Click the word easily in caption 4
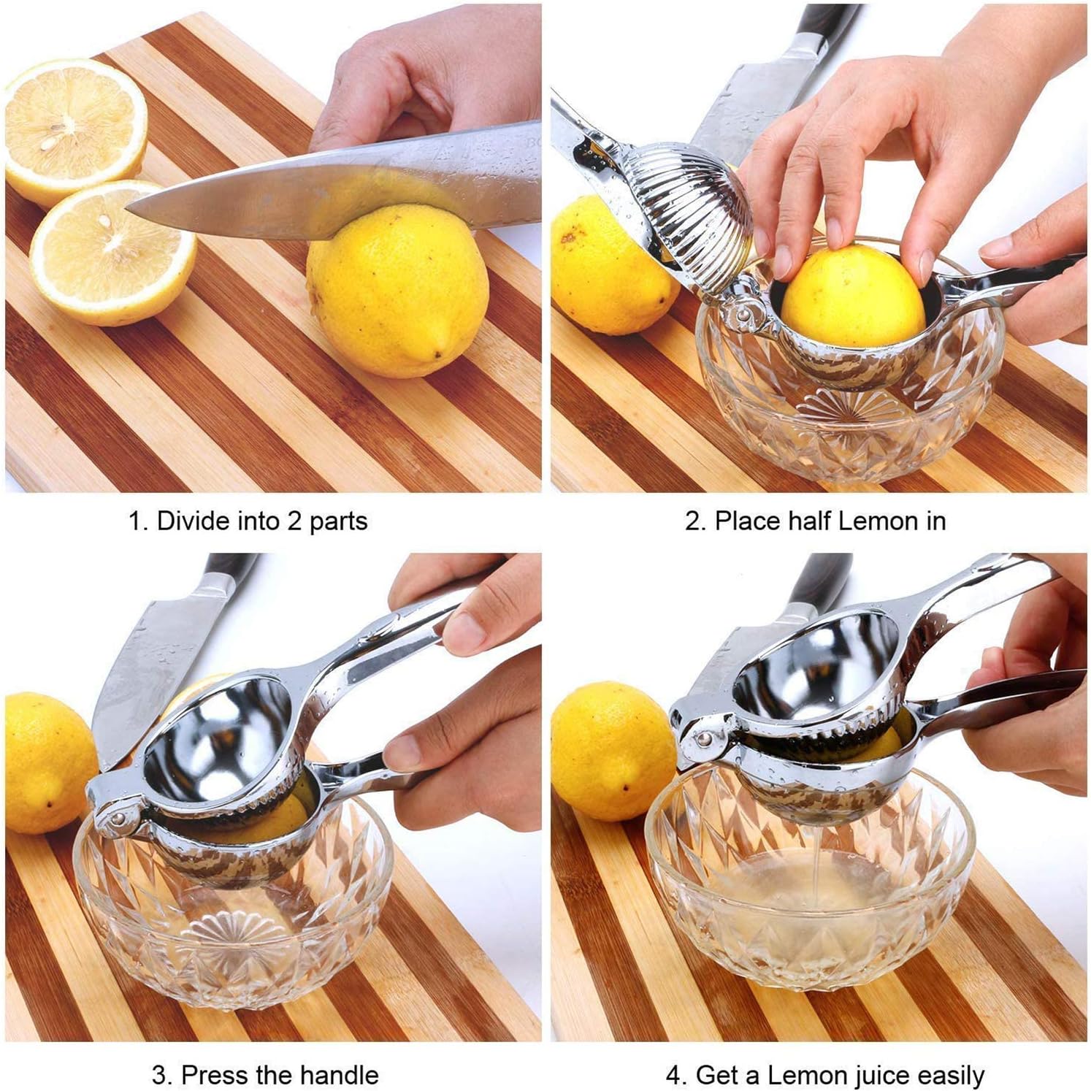tap(944, 1076)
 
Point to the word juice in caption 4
tap(865, 1076)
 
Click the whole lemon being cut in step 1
tap(397, 291)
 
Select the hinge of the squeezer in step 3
tap(117, 811)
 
